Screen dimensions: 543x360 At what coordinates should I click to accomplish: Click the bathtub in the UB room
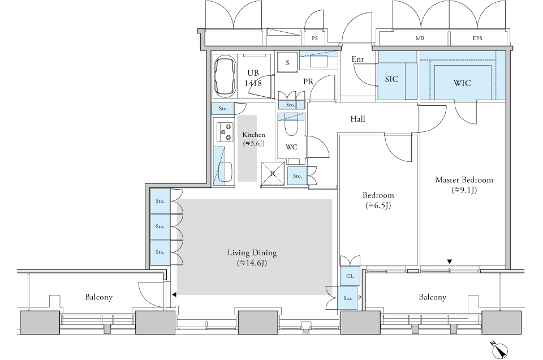tap(226, 76)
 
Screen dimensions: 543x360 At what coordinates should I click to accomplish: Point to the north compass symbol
tap(499, 349)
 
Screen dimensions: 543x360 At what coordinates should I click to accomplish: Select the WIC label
tap(462, 83)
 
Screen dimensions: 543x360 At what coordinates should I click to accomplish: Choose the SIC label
tap(391, 79)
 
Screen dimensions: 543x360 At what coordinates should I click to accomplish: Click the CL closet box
tap(350, 276)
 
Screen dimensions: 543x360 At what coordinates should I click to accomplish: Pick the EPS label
tap(477, 38)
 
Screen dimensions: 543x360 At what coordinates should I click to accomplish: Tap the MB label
tap(420, 38)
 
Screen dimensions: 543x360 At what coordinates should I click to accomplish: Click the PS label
tap(314, 38)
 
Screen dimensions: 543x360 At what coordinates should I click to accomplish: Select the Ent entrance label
tap(357, 59)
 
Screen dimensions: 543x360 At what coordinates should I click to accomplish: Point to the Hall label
tap(357, 119)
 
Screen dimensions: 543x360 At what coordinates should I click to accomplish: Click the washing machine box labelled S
tap(287, 63)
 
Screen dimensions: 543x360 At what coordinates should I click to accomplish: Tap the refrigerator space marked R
tap(273, 174)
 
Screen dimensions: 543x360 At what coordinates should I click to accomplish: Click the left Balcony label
tap(98, 297)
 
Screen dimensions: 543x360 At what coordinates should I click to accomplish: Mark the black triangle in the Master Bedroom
tap(450, 262)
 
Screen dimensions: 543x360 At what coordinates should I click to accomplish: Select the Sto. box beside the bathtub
tap(223, 109)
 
